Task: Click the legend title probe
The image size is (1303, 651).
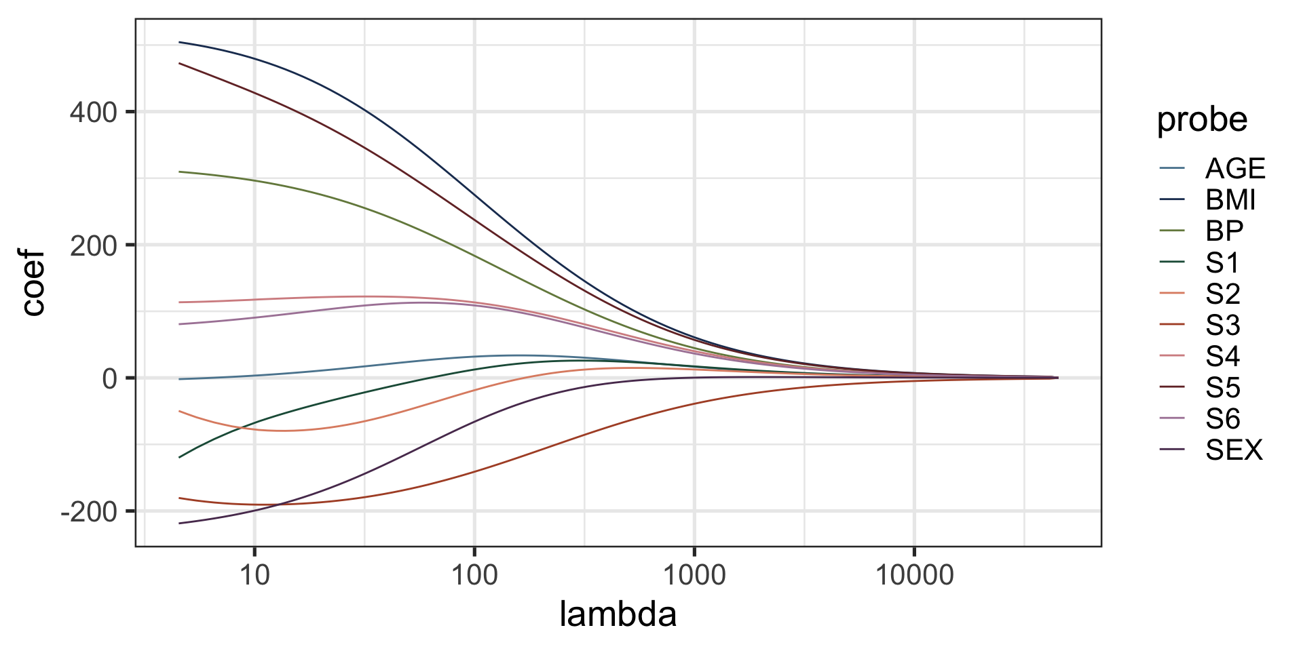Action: (1202, 121)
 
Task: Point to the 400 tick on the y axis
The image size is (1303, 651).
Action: (94, 113)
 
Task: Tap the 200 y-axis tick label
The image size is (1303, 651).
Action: (94, 245)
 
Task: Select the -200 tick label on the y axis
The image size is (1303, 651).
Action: (89, 512)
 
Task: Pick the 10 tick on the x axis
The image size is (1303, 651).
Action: (254, 576)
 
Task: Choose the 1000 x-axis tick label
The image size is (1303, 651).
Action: (694, 576)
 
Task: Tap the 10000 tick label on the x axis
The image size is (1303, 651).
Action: (914, 576)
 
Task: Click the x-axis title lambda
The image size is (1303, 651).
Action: (618, 614)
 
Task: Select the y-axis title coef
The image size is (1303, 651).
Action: (33, 283)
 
